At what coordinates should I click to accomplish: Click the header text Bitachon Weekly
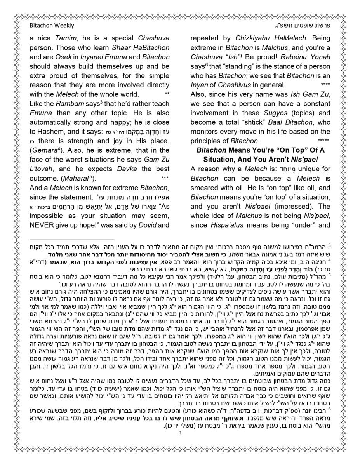point(52,26)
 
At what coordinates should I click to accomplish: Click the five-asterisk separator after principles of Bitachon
point(323,141)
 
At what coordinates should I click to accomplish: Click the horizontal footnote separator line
point(72,240)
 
